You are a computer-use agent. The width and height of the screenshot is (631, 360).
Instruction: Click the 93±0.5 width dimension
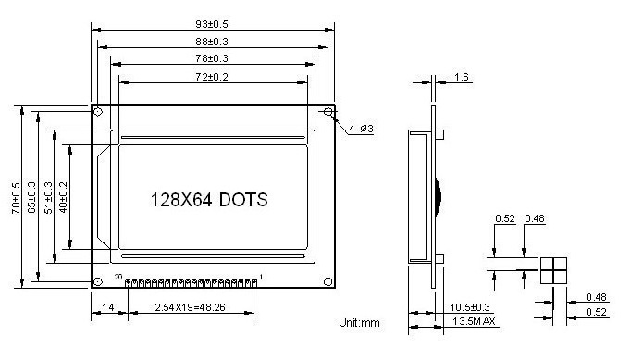click(x=213, y=24)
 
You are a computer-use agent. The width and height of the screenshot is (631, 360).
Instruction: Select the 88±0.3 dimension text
click(x=213, y=42)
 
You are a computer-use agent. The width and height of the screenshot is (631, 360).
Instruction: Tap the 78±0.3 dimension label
click(x=213, y=58)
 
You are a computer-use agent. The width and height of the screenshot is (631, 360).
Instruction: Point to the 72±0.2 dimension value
click(x=213, y=76)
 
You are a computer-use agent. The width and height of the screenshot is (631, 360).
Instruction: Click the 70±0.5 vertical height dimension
click(x=17, y=196)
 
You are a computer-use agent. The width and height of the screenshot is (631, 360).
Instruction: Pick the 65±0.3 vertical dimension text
click(x=32, y=196)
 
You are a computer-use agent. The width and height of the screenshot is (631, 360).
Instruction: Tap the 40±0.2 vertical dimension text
click(x=64, y=196)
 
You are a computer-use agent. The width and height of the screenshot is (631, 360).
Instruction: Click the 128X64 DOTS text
click(x=209, y=200)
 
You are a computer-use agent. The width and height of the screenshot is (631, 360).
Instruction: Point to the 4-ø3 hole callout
click(x=362, y=129)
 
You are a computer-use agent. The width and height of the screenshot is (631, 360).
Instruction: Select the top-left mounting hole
click(x=97, y=112)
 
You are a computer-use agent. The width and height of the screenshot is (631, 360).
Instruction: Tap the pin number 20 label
click(x=118, y=277)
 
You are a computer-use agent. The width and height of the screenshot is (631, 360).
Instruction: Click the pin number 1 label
click(x=261, y=277)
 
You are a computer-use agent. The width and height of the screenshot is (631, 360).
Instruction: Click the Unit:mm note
click(x=360, y=323)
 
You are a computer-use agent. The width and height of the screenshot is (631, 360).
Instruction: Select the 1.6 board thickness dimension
click(x=461, y=78)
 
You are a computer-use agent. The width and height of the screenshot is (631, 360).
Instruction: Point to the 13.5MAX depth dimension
click(x=475, y=321)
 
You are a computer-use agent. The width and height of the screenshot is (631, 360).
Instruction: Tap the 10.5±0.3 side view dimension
click(x=470, y=306)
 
